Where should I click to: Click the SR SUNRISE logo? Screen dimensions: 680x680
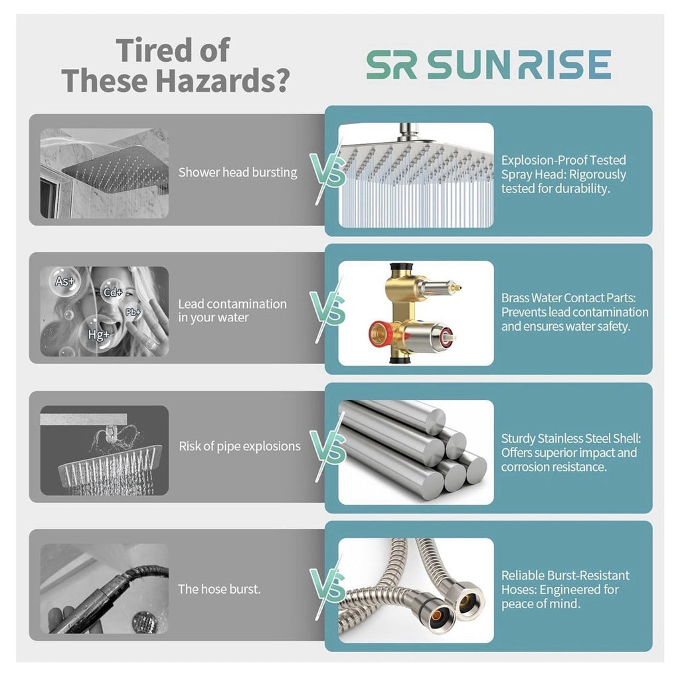[489, 64]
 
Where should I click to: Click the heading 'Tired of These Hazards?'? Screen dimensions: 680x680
[175, 65]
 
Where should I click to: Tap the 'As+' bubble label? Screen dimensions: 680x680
[64, 281]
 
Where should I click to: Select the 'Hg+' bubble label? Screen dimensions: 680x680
[99, 335]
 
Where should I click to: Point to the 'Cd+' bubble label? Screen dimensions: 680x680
[113, 292]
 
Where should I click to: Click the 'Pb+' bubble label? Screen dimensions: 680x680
[133, 312]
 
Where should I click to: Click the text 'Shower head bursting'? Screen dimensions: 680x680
[238, 173]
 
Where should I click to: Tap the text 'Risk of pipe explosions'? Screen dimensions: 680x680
[239, 446]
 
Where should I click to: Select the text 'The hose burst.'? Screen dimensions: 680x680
[219, 589]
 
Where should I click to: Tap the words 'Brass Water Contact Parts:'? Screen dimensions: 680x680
[568, 298]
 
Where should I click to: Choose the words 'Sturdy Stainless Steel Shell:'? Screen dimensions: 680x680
[571, 438]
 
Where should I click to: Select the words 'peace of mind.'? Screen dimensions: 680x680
[541, 604]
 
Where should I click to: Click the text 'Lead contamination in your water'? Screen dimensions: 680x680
[232, 311]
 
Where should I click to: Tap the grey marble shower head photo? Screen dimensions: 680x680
[104, 173]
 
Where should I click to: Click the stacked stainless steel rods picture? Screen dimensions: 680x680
[416, 452]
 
